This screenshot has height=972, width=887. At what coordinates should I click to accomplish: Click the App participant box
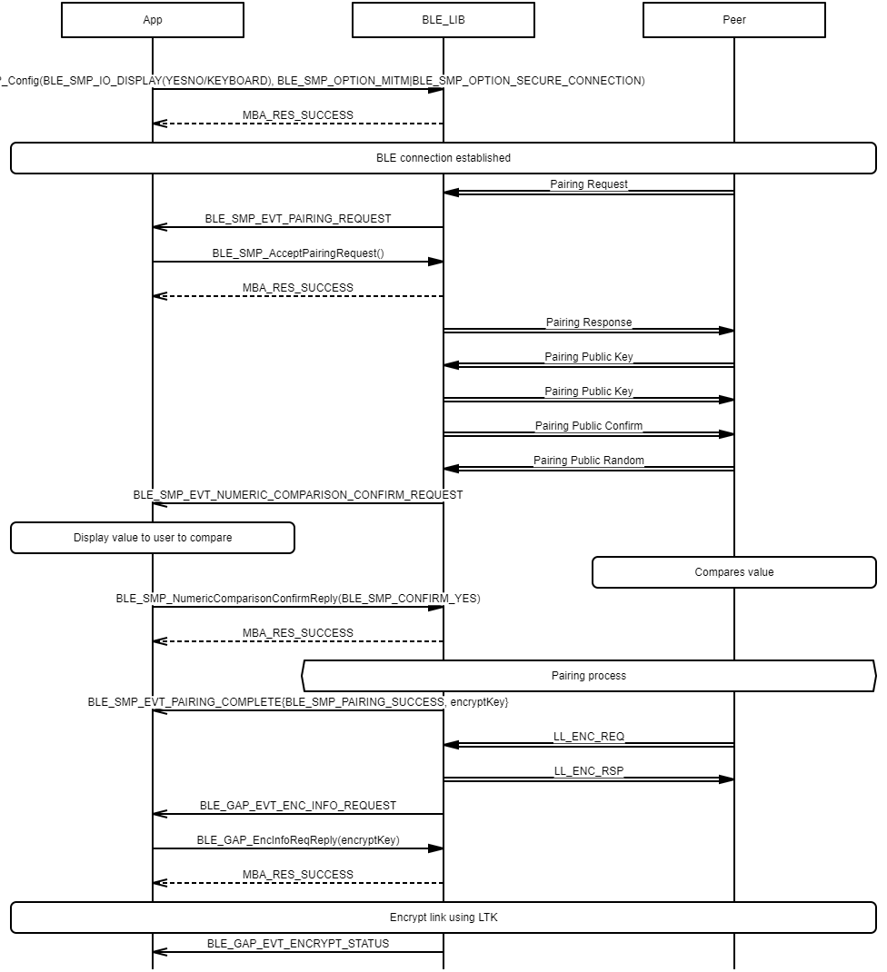coord(153,20)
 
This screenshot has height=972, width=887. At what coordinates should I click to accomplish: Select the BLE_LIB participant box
coord(443,20)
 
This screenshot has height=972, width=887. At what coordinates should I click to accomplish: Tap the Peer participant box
coord(734,20)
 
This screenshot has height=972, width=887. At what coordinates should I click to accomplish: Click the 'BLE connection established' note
coord(443,158)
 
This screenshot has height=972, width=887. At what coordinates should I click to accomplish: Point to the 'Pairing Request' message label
coord(589,184)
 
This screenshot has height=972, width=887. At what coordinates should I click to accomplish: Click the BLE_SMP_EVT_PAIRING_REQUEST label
coord(298,219)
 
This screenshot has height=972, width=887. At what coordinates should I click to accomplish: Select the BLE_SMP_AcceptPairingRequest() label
coord(298,253)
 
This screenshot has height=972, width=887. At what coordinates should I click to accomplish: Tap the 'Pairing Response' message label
coord(589,322)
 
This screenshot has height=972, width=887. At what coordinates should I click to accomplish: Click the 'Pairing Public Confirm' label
coord(589,426)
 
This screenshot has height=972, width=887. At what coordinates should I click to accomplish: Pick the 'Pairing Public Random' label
coord(589,461)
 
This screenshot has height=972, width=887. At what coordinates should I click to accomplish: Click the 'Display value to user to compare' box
coord(153,538)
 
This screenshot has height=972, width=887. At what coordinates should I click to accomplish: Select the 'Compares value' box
coord(734,572)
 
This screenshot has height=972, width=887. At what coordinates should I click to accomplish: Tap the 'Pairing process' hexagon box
coord(589,676)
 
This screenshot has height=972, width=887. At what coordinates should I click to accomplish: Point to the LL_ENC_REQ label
coord(589,737)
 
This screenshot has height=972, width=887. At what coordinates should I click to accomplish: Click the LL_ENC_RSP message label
coord(589,771)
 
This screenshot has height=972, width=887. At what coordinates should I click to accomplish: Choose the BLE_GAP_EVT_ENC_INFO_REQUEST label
coord(298,806)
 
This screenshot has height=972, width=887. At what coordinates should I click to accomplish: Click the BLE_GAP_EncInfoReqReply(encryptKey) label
coord(298,840)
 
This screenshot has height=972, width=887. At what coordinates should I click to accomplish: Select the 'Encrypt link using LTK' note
coord(443,917)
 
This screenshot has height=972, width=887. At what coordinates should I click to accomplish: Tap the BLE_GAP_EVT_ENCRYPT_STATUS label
coord(298,944)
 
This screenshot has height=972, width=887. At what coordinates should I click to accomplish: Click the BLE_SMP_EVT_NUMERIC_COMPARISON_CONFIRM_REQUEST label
coord(298,495)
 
